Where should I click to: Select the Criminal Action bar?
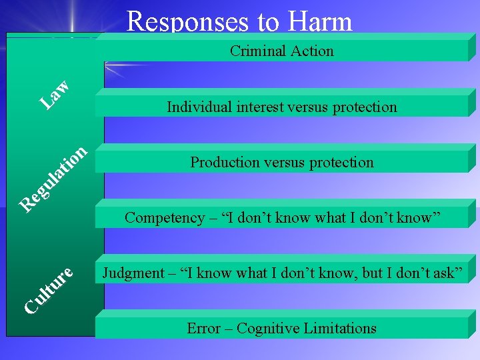coord(281,51)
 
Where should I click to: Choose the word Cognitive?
coord(267,328)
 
